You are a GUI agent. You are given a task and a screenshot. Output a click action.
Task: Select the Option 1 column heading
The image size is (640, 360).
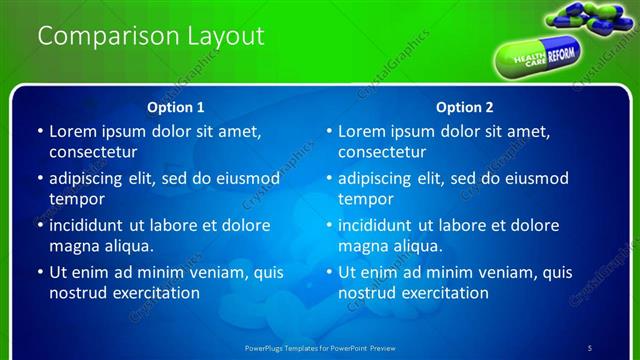click(x=176, y=106)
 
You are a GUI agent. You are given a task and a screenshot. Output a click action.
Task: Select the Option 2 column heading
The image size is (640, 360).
click(x=465, y=106)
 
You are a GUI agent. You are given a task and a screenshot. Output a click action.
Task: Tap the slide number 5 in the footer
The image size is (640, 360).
click(x=589, y=347)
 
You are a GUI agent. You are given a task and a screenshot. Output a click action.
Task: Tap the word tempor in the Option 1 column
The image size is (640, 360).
click(x=73, y=199)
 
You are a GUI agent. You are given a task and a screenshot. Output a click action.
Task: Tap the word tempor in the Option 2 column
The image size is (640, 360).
click(x=362, y=199)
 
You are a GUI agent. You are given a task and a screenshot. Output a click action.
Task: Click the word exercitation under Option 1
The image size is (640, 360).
click(x=155, y=293)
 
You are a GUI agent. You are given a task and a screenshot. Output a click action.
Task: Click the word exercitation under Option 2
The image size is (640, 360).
click(x=444, y=293)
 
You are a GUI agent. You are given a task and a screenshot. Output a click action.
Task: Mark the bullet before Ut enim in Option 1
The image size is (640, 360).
click(x=39, y=272)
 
